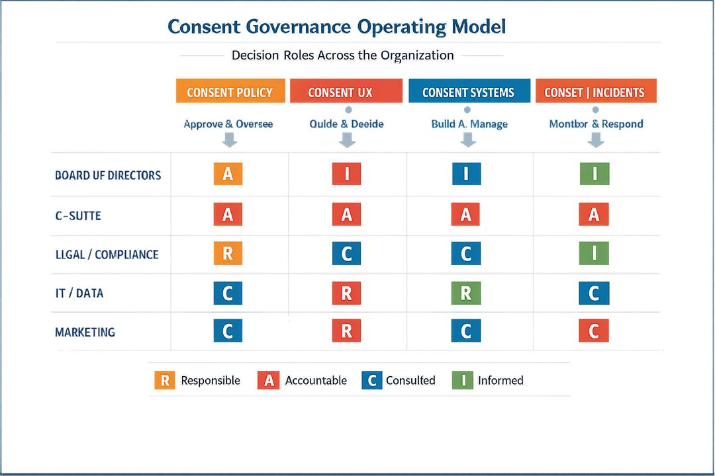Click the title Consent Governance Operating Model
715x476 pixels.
coord(336,26)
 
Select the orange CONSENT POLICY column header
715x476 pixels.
coord(230,92)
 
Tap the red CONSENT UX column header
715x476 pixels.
coord(346,92)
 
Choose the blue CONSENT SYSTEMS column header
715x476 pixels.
coord(468,92)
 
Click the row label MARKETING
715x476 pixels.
coord(85,332)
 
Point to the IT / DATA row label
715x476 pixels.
coord(79,293)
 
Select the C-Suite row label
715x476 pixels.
coord(77,216)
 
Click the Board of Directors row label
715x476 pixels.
coord(108,176)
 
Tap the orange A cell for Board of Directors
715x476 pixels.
coord(228,174)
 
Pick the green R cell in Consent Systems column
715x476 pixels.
coord(466,294)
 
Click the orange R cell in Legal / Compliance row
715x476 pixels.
coord(228,254)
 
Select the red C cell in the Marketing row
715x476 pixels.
coord(594,331)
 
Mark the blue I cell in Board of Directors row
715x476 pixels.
coord(466,174)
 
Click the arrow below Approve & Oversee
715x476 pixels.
coord(229,139)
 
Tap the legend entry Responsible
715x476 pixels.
coord(210,381)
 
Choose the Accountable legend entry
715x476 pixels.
coord(315,381)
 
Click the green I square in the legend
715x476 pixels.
coord(463,380)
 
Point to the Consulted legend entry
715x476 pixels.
coord(410,381)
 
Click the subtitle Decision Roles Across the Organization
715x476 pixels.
coord(342,56)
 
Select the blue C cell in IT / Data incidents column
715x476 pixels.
coord(594,294)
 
